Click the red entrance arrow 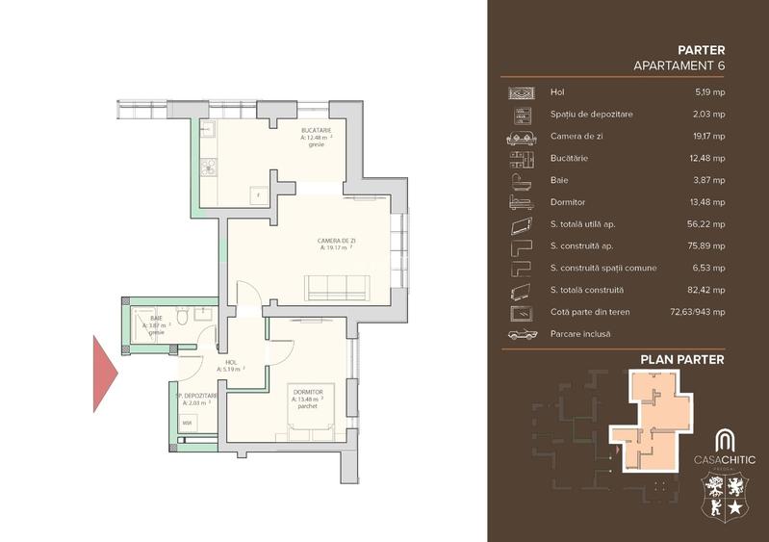coord(103,374)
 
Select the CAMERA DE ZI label coord(336,240)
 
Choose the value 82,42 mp coord(709,291)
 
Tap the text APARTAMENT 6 coord(679,65)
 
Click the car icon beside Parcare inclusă coord(521,334)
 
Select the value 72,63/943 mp coord(698,313)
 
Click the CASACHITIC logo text coord(725,460)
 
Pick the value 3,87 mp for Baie coord(712,180)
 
